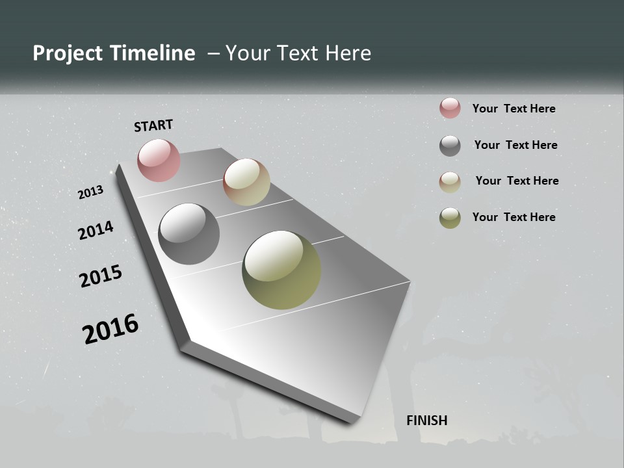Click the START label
pos(153,125)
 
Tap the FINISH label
pos(426,421)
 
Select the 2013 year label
pos(90,192)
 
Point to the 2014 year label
pos(96,230)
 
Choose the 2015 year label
pos(101,276)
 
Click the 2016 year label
pos(110,329)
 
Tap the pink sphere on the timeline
pos(159,160)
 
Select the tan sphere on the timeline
pos(246,182)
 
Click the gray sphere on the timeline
pos(188,234)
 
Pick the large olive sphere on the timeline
pos(281,270)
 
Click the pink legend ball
pos(450,108)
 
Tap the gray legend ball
pos(450,146)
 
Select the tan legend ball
pos(450,182)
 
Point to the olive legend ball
pos(450,218)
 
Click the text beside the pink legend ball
pos(513,109)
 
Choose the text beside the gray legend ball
pos(515,145)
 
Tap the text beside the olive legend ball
pos(513,217)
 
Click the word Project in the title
pos(68,53)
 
